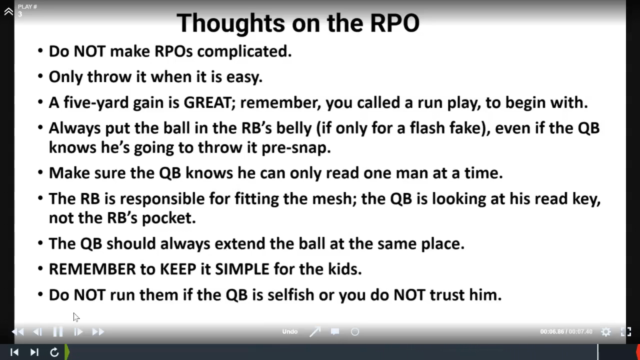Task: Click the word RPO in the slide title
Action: tap(394, 23)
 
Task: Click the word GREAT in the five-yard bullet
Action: tap(207, 102)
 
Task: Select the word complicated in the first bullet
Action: tap(244, 51)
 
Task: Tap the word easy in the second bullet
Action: tap(244, 77)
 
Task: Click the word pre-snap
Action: tap(296, 148)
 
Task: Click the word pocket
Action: tap(169, 218)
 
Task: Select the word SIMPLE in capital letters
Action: tap(242, 269)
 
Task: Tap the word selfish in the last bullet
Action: tap(291, 294)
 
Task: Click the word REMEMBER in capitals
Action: tap(92, 269)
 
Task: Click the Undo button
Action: tap(289, 331)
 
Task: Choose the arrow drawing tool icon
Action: tap(315, 331)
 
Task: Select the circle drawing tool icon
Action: tap(355, 332)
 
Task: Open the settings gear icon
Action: tap(605, 331)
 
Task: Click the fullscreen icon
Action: tap(626, 331)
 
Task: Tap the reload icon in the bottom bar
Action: tap(54, 352)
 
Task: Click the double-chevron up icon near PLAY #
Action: tap(8, 11)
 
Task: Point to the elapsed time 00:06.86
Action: tap(552, 331)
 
